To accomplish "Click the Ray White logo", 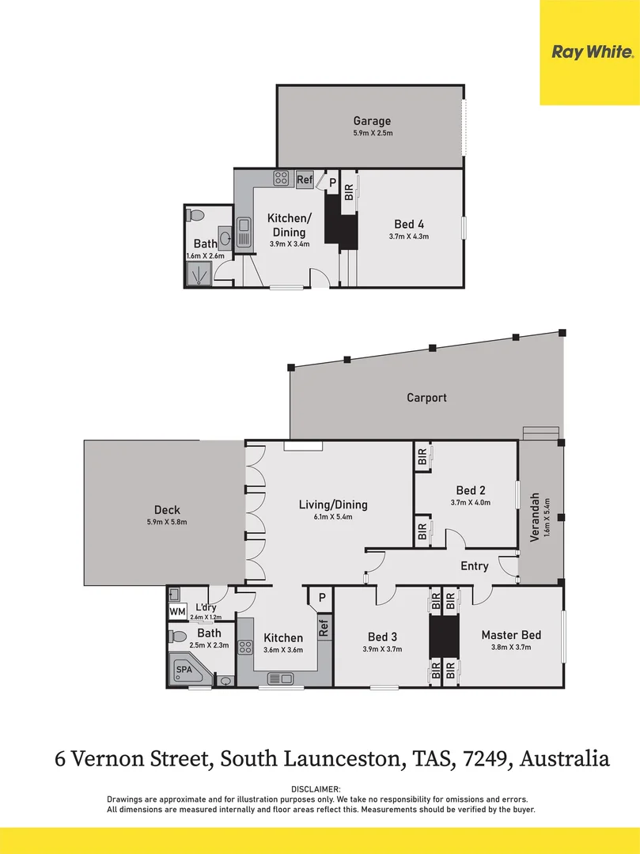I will point(592,52).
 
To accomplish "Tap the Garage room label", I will point(372,121).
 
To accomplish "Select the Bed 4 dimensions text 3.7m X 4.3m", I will point(408,236).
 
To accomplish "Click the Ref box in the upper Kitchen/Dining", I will point(305,180).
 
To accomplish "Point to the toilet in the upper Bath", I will point(198,215).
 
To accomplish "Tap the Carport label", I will point(426,398).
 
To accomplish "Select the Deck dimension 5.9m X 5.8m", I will point(168,522).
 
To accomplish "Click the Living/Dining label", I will point(332,504).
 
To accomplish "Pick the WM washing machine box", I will point(176,611).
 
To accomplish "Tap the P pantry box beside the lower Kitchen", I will point(321,598).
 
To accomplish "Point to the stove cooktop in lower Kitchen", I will point(245,648).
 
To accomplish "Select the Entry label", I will point(474,566).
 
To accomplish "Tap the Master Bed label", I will point(511,635).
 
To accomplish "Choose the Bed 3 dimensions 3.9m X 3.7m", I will point(383,649).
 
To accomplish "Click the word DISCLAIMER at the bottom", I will point(316,789).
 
